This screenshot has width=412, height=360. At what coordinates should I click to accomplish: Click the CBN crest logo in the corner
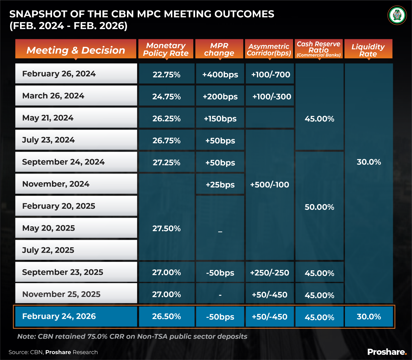click(x=397, y=15)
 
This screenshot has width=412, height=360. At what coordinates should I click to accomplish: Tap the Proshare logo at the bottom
click(x=387, y=352)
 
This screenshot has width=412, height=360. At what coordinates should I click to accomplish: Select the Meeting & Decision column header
click(x=76, y=50)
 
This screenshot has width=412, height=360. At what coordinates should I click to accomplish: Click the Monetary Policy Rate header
click(x=166, y=49)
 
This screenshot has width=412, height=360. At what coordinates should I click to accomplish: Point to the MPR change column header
click(x=219, y=49)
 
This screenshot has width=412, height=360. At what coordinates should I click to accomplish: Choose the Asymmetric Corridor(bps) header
click(x=269, y=50)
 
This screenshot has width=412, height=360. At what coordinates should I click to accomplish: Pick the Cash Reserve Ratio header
click(x=319, y=49)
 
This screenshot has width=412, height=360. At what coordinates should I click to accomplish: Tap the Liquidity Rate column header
click(x=368, y=50)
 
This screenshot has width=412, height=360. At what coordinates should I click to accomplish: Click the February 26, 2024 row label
click(x=59, y=74)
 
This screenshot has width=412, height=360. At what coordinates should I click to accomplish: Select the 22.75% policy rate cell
click(x=166, y=74)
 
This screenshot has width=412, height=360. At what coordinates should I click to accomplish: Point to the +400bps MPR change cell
click(x=220, y=74)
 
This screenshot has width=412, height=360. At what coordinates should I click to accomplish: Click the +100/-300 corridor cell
click(x=272, y=97)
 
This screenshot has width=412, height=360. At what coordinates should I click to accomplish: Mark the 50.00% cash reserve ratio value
click(x=319, y=207)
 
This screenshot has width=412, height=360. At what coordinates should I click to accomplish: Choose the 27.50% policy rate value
click(x=166, y=228)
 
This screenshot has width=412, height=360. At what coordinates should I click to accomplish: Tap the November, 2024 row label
click(x=56, y=184)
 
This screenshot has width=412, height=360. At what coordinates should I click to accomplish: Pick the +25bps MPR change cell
click(x=220, y=185)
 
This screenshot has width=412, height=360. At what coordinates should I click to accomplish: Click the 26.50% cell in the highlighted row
click(x=166, y=316)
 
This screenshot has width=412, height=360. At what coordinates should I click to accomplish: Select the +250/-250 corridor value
click(x=269, y=273)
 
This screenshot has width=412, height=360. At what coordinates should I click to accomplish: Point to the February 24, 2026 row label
click(x=59, y=316)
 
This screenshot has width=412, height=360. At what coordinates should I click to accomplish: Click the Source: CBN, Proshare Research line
click(x=53, y=352)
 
